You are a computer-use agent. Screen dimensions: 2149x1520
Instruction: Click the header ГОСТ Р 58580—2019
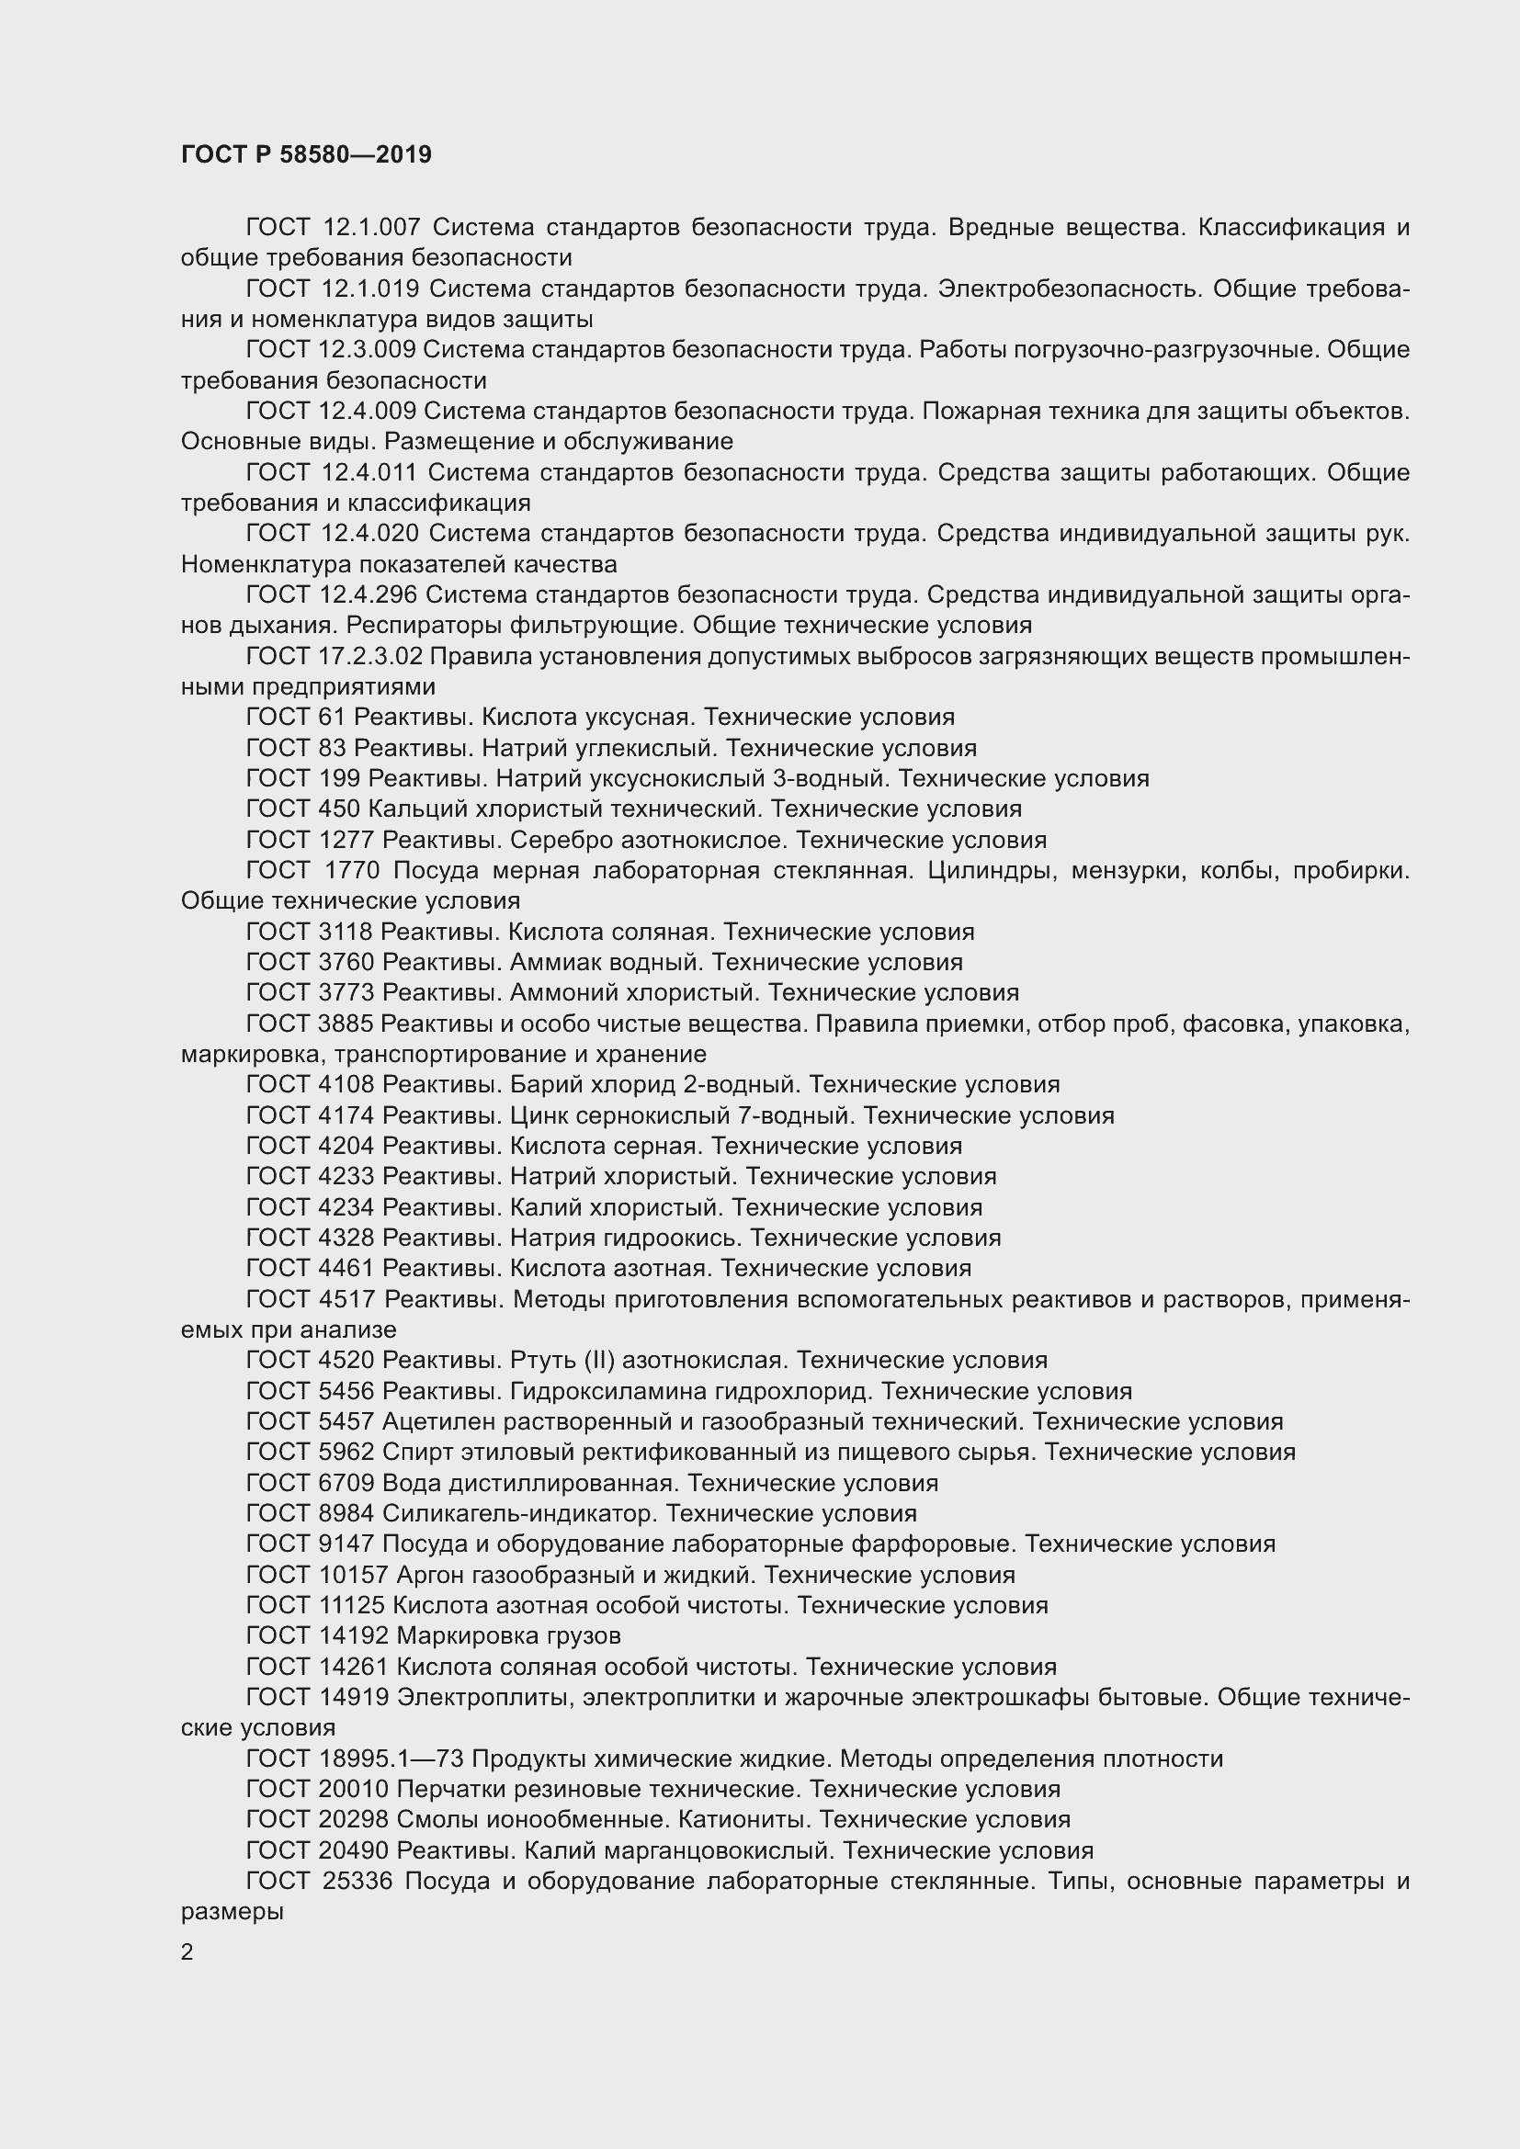[x=306, y=154]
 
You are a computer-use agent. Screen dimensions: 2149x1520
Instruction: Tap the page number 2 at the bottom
[x=187, y=1952]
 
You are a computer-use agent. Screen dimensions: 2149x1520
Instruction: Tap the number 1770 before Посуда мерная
[x=352, y=870]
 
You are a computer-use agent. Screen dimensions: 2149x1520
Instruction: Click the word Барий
[x=539, y=1085]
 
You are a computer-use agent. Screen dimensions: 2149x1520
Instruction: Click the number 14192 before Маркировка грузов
[x=352, y=1636]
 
